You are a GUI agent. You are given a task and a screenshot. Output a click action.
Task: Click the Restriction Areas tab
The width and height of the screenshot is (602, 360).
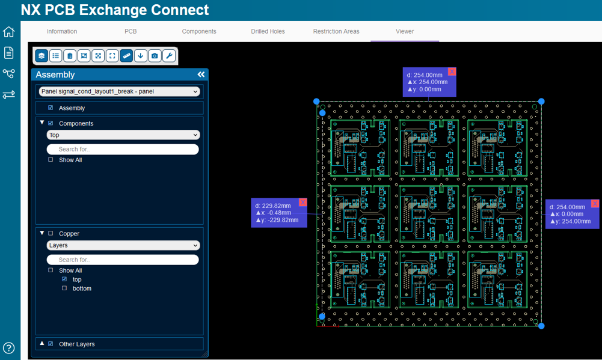[336, 31]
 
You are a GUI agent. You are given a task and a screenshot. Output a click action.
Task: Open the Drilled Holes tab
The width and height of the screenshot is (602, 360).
[268, 31]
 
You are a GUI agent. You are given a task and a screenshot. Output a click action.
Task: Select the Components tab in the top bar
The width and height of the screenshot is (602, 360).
[199, 31]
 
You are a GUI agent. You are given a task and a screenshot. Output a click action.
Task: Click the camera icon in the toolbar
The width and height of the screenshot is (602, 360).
[155, 56]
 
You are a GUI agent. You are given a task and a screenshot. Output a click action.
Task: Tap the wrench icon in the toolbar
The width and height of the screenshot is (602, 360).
[169, 56]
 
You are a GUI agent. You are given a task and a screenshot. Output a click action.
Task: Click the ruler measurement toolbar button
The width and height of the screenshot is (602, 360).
[126, 56]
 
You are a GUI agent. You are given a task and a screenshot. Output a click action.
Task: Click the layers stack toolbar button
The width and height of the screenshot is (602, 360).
[41, 56]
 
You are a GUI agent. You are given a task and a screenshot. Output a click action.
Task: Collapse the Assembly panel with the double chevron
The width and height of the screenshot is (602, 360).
[201, 75]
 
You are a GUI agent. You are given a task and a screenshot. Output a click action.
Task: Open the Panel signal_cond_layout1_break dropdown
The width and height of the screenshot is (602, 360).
[119, 91]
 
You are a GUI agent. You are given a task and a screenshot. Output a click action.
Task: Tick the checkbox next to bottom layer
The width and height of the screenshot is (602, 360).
[64, 288]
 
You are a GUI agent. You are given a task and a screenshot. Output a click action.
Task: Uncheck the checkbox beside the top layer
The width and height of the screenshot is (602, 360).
[64, 279]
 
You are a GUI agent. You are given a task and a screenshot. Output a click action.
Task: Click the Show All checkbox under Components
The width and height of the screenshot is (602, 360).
[51, 160]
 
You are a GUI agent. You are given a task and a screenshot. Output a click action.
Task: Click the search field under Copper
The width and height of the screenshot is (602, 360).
[123, 260]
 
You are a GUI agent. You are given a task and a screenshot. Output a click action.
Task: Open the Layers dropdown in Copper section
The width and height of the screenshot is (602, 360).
[123, 245]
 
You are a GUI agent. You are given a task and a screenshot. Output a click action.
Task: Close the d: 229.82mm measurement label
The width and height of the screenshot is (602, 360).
[303, 203]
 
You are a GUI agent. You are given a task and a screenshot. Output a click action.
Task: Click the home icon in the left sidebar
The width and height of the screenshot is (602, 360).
[8, 32]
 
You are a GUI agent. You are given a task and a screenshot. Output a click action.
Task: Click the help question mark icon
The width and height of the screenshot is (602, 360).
[8, 348]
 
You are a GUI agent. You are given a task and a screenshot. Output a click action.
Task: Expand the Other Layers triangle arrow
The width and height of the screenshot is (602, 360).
[42, 344]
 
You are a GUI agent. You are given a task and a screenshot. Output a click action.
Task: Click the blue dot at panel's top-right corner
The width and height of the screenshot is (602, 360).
[541, 102]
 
